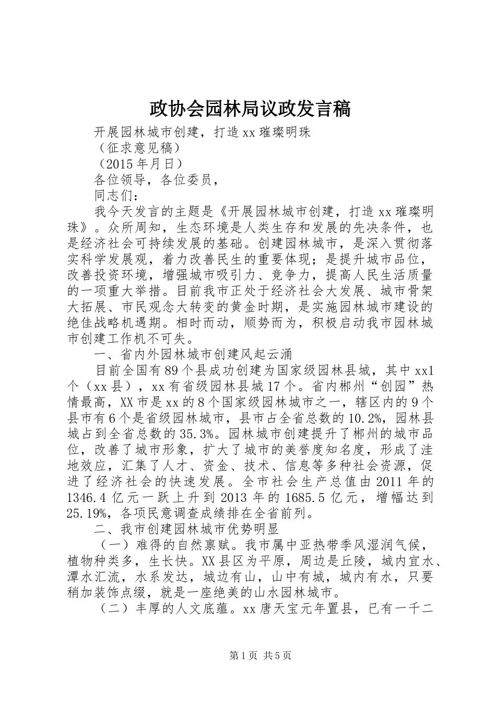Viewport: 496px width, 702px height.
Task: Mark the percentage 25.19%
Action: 86,513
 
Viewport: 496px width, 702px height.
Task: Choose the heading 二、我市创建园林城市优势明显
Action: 186,529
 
